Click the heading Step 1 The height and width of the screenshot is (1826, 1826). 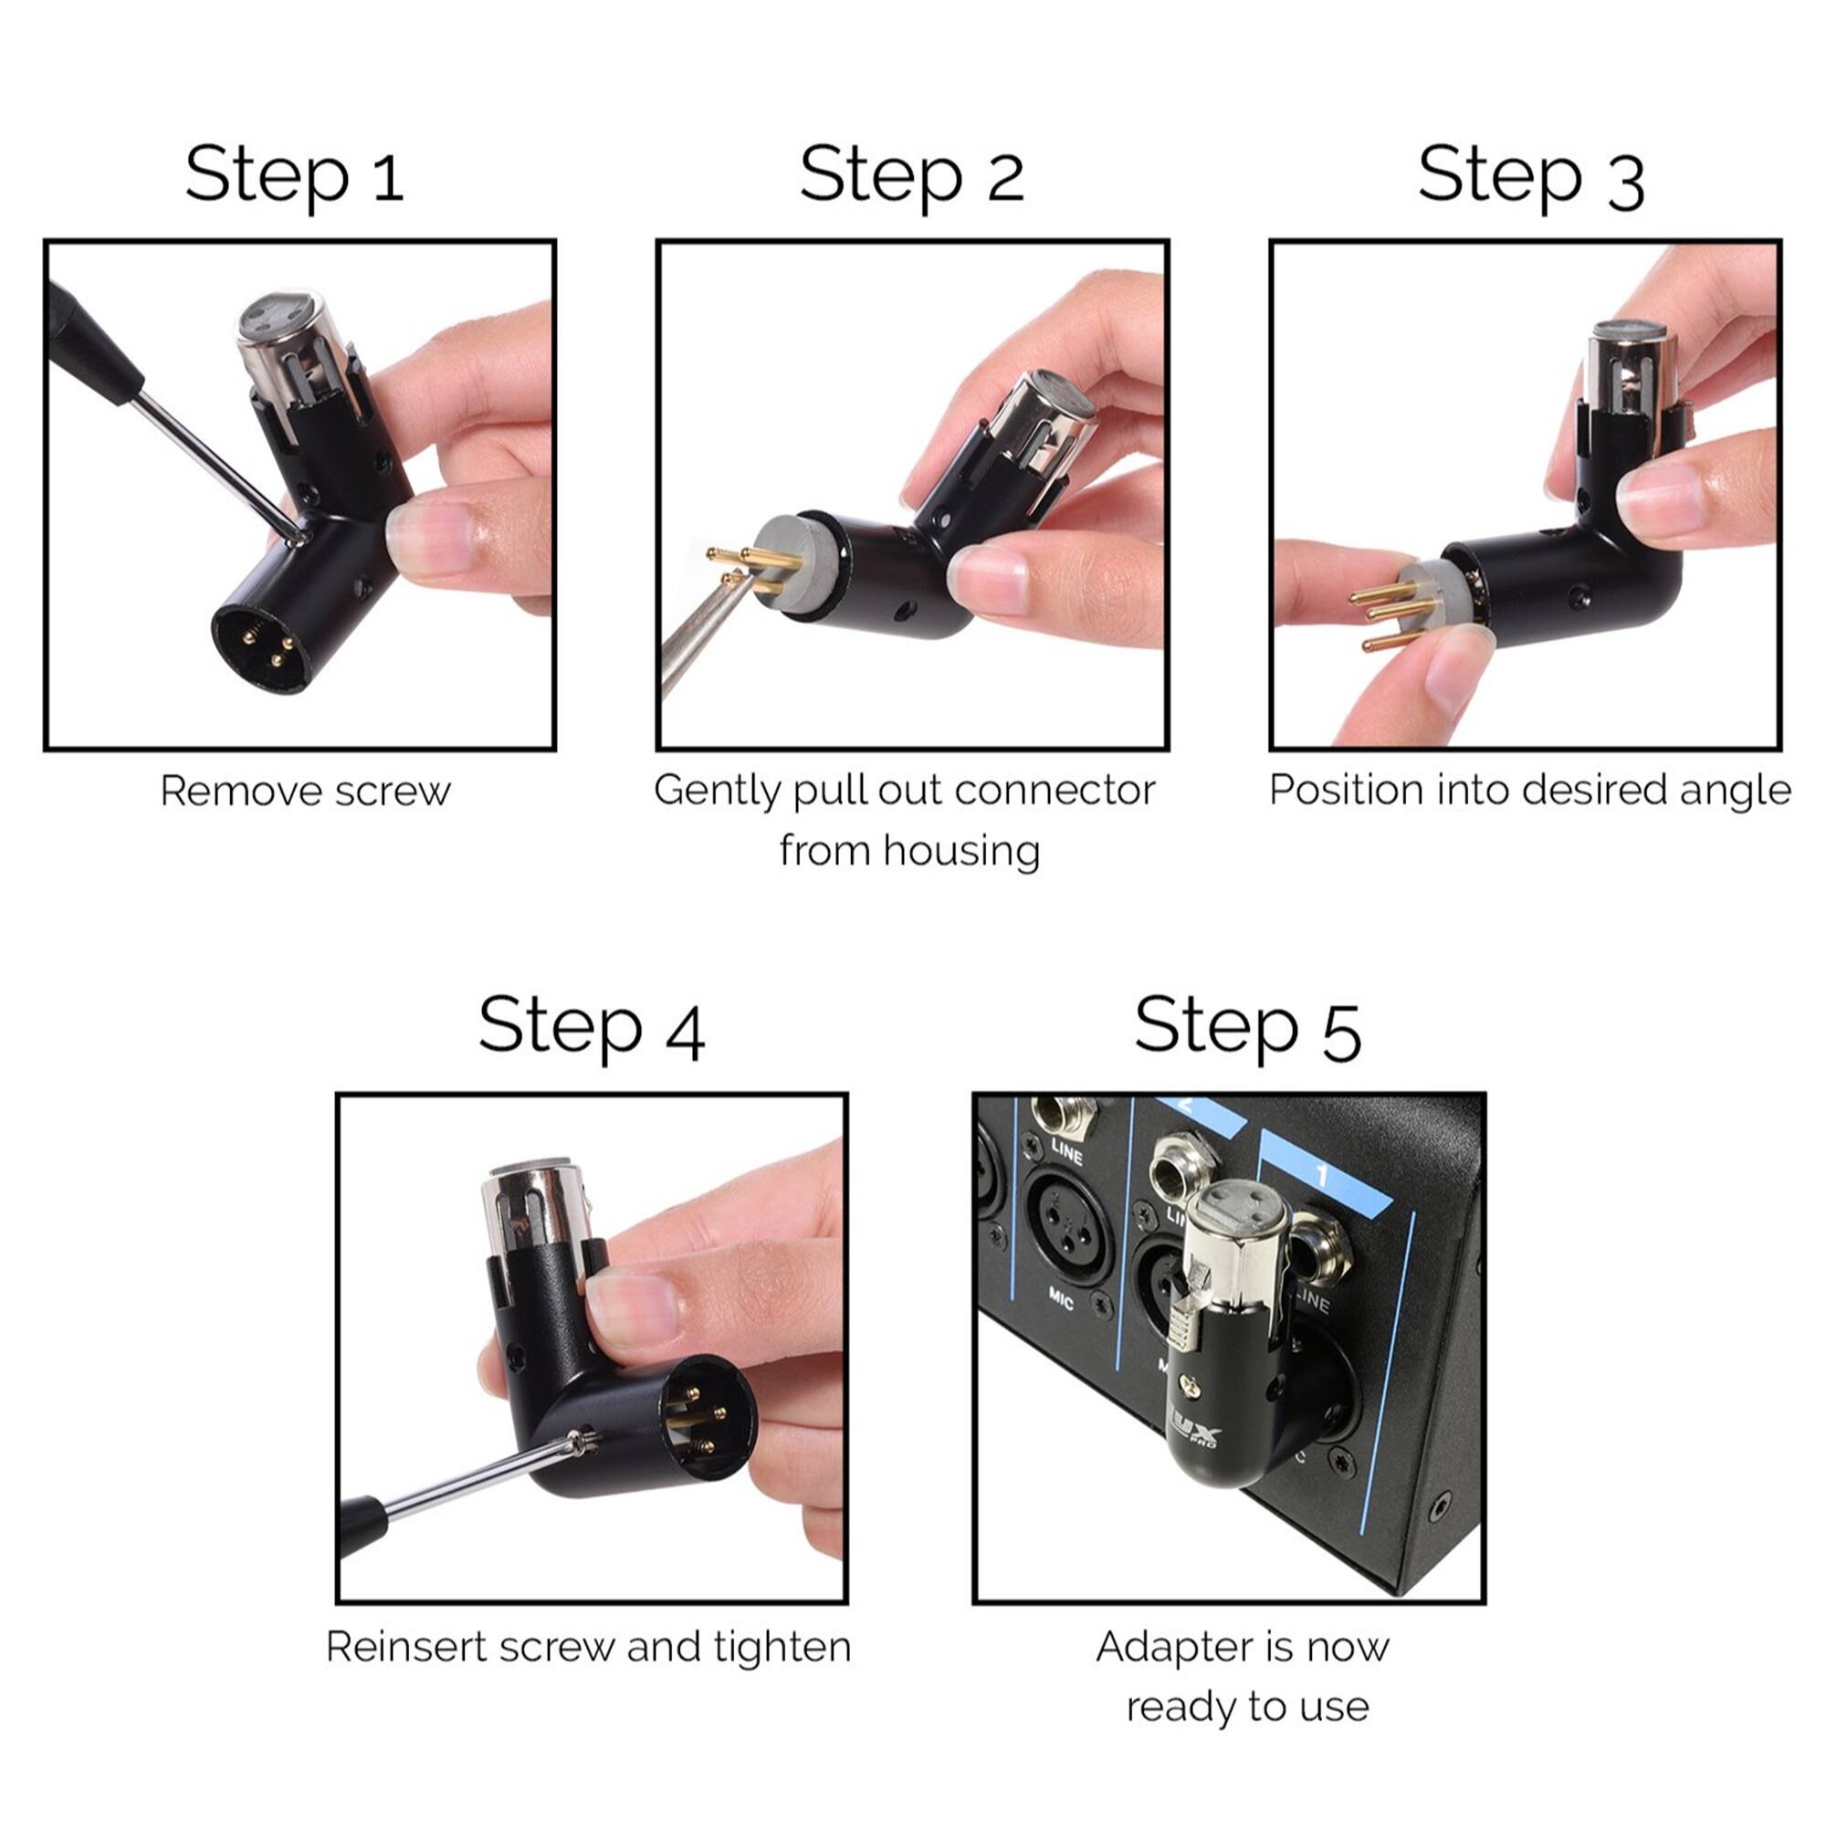click(x=294, y=176)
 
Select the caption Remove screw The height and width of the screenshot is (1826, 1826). click(x=304, y=791)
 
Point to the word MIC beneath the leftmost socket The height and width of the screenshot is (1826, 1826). click(x=1060, y=1300)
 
